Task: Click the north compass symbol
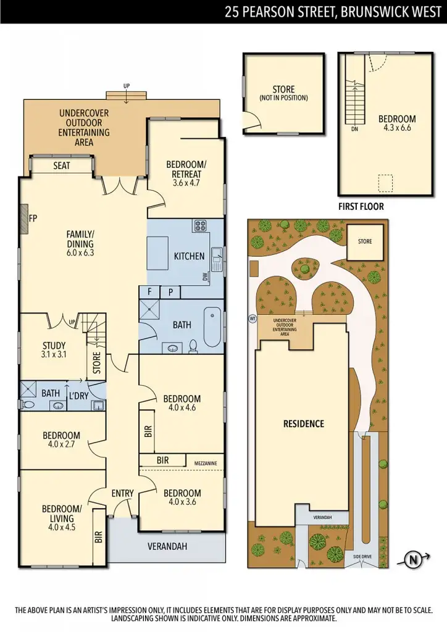[x=412, y=560]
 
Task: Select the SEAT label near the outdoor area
[x=61, y=166]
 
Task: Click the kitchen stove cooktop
[x=201, y=226]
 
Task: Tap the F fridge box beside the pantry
[x=149, y=291]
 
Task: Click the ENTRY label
[x=122, y=493]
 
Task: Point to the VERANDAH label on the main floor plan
[x=167, y=546]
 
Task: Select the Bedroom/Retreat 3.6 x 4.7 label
[x=186, y=169]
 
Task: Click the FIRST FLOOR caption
[x=361, y=207]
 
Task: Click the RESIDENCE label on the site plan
[x=303, y=423]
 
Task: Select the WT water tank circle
[x=252, y=319]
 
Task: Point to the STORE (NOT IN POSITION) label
[x=283, y=93]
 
